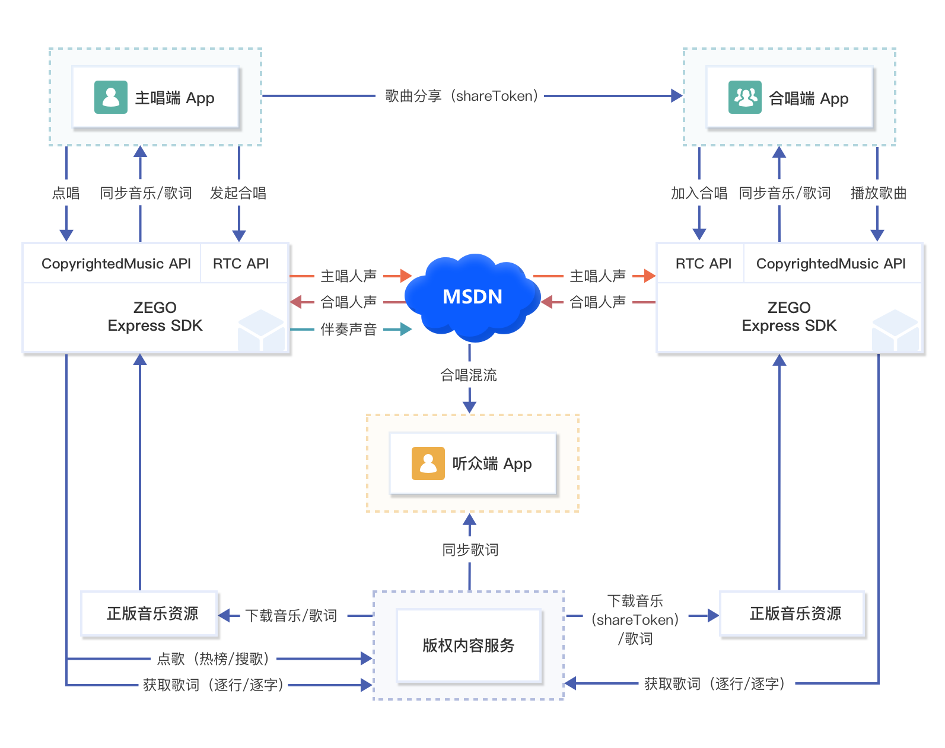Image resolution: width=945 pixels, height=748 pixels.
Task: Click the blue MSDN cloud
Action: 472,297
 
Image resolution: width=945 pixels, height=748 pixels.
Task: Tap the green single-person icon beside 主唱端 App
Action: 111,97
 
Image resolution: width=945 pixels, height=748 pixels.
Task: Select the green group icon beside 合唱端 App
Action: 744,97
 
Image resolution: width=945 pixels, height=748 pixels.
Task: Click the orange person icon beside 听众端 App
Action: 428,463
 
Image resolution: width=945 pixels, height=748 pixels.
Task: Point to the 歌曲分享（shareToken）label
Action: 461,95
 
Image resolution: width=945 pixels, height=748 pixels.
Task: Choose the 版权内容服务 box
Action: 469,645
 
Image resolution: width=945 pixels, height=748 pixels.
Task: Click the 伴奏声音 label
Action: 349,329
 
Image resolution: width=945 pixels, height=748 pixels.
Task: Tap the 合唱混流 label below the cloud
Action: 469,375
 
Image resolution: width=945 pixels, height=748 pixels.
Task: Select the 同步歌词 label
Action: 470,549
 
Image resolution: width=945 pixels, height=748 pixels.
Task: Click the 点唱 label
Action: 66,193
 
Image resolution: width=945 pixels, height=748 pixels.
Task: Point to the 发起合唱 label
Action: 238,193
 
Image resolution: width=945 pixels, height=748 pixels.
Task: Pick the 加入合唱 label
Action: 699,193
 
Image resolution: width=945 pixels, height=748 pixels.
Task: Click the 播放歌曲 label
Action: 878,193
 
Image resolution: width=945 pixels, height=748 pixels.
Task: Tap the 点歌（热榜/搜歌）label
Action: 214,659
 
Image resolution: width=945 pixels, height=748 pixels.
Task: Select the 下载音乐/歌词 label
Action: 291,615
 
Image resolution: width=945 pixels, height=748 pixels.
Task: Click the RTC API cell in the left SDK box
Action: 241,263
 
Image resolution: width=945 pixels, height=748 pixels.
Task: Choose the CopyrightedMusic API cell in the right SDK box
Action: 831,263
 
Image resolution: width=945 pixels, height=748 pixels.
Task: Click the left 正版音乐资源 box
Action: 149,613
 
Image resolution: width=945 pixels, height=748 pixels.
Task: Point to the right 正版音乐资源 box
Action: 792,613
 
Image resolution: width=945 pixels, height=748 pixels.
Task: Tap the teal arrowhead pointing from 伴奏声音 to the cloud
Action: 406,329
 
